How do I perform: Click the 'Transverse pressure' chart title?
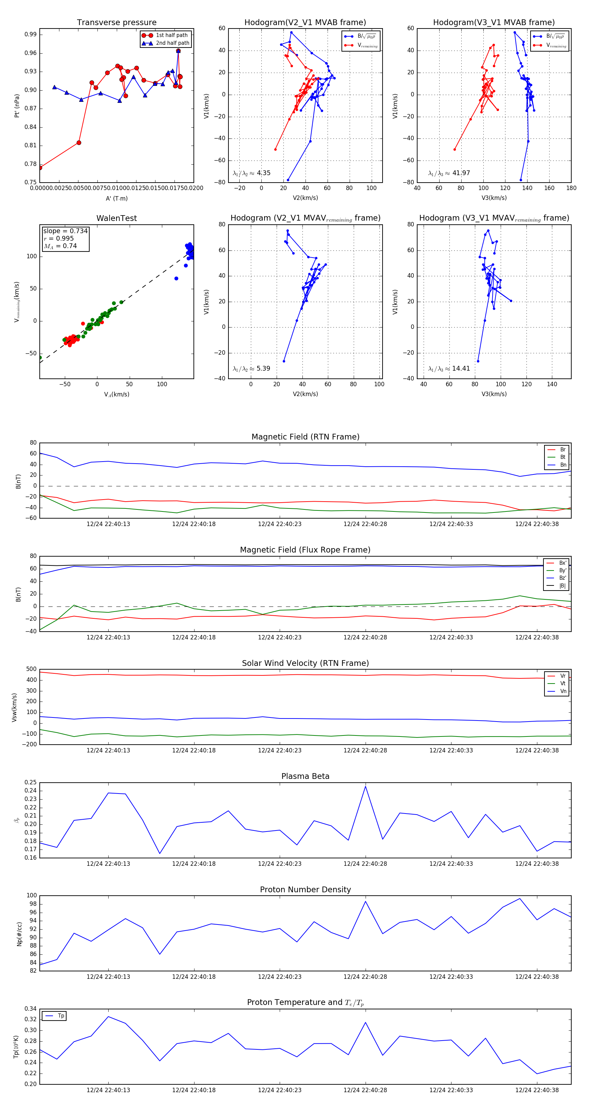(116, 23)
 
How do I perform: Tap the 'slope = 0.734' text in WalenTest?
(65, 231)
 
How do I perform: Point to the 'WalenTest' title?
(116, 218)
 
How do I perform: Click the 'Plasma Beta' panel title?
(305, 776)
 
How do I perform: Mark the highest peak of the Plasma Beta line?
(365, 786)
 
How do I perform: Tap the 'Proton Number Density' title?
(305, 890)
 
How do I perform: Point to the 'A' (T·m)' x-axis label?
(116, 198)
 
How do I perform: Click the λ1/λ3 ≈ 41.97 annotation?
(449, 173)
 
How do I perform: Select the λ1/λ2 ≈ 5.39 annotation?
(251, 369)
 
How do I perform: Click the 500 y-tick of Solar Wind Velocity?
(31, 669)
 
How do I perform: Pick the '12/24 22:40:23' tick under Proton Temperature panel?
(280, 1090)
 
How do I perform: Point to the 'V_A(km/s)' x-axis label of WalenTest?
(116, 394)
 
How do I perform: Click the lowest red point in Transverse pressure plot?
(40, 167)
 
